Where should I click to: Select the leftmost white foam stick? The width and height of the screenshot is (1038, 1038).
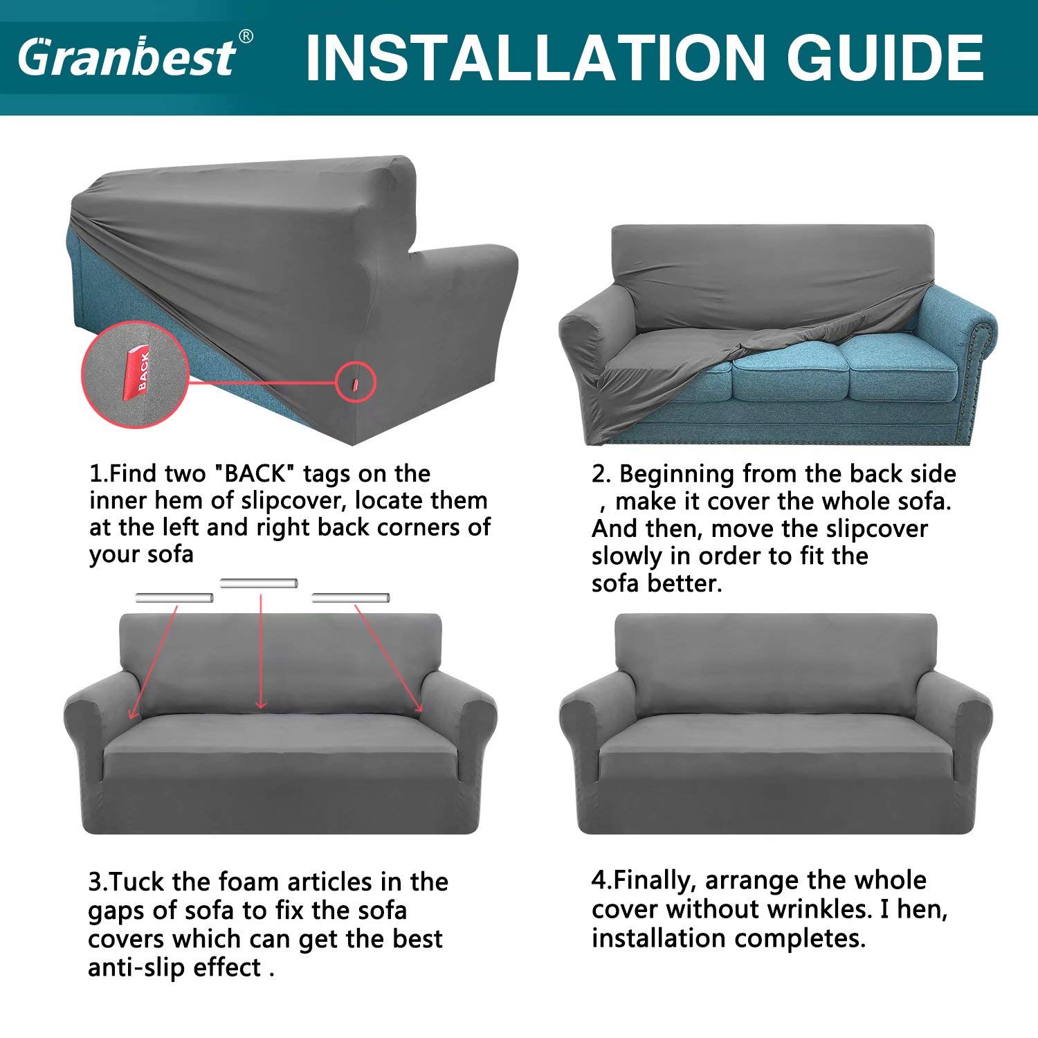(174, 598)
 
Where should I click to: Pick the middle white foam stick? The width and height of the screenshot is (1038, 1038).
(259, 583)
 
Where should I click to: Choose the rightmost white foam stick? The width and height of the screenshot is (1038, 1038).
(351, 598)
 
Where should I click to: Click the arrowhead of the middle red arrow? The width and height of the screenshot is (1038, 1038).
(260, 704)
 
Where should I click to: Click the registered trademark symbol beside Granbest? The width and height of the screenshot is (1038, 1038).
(246, 36)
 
